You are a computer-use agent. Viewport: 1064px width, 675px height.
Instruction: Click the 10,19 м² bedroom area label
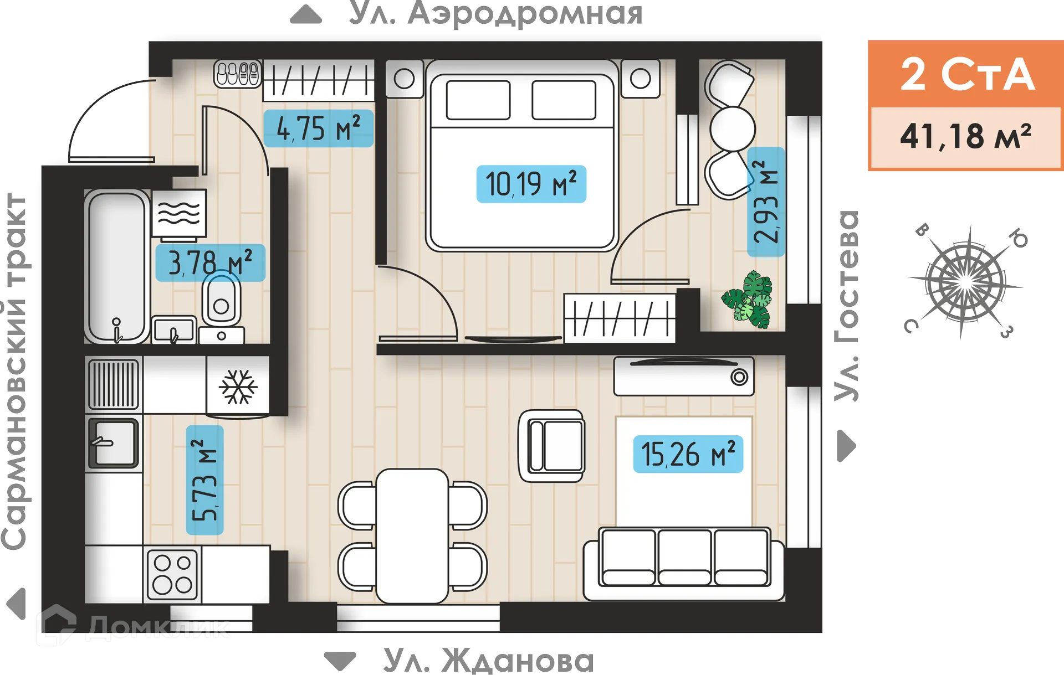(531, 184)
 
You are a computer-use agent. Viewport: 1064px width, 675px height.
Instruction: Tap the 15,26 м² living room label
(688, 454)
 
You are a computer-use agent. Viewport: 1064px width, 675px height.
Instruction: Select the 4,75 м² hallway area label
(318, 128)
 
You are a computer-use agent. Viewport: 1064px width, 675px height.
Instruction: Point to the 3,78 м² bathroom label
(210, 262)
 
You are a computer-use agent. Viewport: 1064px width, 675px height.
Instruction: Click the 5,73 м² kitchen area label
(204, 480)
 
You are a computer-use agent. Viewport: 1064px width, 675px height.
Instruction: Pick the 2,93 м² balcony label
(766, 202)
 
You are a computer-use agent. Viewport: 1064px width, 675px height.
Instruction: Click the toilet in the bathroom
(221, 302)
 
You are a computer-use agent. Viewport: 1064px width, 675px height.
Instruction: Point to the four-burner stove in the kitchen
(172, 574)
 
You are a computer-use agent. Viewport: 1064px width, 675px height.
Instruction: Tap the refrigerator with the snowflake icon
(238, 386)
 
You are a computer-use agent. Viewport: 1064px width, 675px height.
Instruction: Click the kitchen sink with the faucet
(114, 443)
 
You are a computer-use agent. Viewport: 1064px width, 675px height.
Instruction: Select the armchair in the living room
(551, 446)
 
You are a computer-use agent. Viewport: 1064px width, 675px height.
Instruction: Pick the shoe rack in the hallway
(238, 74)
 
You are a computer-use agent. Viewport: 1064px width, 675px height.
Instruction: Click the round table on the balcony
(732, 128)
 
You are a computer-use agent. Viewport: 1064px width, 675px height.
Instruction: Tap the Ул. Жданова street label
(488, 661)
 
